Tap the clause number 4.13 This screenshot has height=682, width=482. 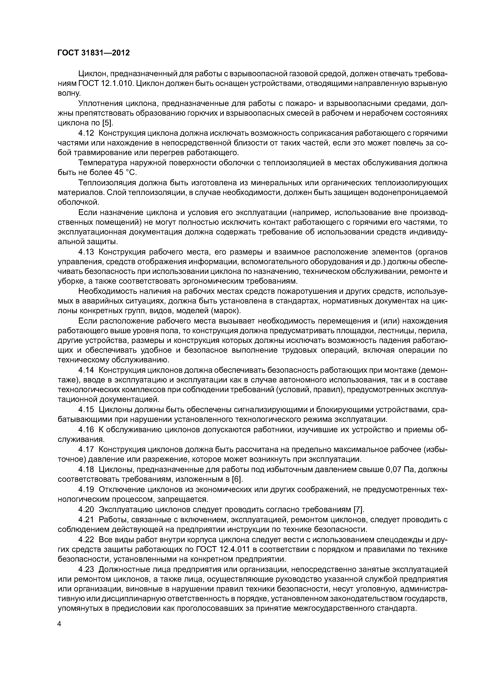pyautogui.click(x=86, y=252)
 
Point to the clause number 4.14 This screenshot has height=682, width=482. pyautogui.click(x=86, y=370)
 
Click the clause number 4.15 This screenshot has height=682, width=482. pyautogui.click(x=86, y=410)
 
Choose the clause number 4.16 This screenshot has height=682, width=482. pyautogui.click(x=86, y=429)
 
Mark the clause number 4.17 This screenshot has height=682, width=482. pyautogui.click(x=86, y=449)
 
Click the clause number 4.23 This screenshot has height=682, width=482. pyautogui.click(x=86, y=569)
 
